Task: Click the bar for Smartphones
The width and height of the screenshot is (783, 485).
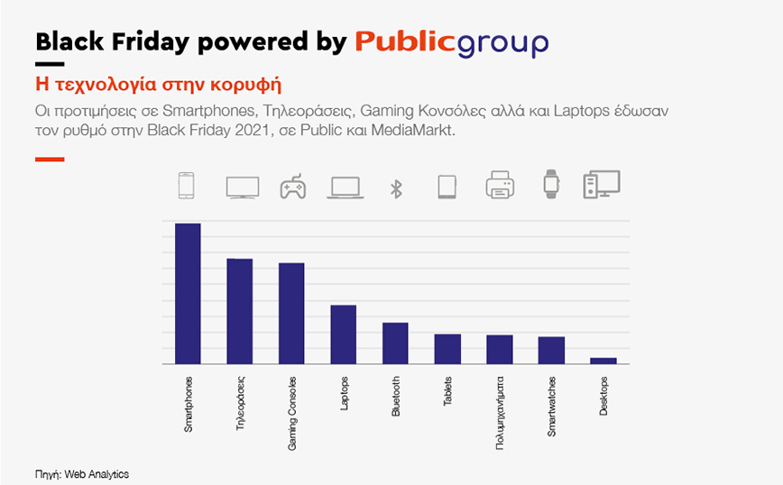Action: pos(188,294)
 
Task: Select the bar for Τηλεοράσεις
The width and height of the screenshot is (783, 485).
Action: pos(239,311)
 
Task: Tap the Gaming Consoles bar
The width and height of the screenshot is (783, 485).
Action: pos(291,314)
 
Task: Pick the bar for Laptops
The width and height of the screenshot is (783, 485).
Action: pos(343,334)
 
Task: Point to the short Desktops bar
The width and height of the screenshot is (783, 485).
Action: pos(603,361)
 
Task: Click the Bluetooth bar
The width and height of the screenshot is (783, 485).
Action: pos(395,343)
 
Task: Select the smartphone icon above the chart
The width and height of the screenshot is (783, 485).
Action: pos(187,186)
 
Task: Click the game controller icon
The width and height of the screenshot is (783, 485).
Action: pos(292,187)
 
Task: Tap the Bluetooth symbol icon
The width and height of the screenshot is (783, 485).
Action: pos(395,188)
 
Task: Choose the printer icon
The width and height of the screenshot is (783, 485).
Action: pos(499,187)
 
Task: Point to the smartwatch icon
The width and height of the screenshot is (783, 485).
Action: pos(551,185)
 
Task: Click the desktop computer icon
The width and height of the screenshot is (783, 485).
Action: pos(602,185)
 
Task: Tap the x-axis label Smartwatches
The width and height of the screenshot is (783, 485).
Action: pos(551,406)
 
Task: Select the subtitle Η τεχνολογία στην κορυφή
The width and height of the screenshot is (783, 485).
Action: pos(158,87)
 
